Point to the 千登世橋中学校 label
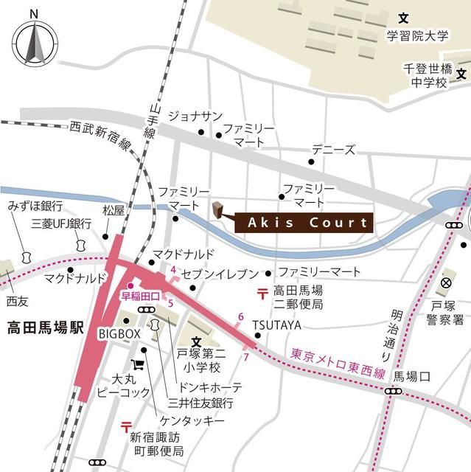425,75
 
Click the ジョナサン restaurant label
195,116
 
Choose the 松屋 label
114,210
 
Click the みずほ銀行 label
35,206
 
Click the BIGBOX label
119,334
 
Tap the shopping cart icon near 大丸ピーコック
137,364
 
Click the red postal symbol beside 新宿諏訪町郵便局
125,426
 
